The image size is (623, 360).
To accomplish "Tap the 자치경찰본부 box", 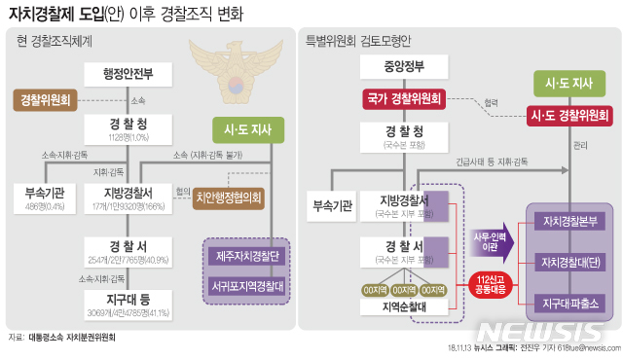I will tap(570, 221).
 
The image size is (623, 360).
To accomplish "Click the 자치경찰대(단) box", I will tap(570, 262).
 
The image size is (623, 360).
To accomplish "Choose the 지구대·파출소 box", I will tap(570, 302).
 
